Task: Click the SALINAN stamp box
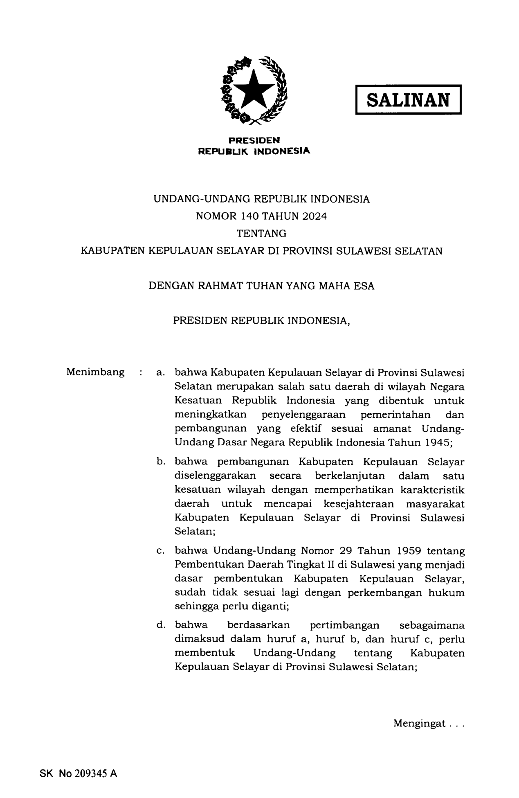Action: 408,99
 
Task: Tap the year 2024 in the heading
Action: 315,216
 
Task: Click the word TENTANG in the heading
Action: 261,234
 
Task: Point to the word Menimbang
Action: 95,372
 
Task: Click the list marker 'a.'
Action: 160,373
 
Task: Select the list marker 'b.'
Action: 160,462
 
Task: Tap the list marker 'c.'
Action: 160,551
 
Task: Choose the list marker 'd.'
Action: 160,625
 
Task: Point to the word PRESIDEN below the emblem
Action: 254,140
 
